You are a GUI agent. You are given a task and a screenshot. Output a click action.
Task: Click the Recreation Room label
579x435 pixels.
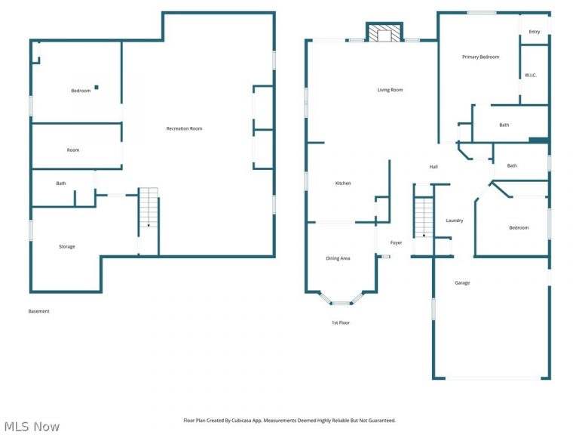pyautogui.click(x=184, y=128)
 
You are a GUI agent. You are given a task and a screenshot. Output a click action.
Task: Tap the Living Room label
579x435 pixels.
pyautogui.click(x=390, y=90)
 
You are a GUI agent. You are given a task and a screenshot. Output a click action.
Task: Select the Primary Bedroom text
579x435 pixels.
pyautogui.click(x=480, y=57)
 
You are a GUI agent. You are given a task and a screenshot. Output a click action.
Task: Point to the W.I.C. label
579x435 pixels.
pyautogui.click(x=530, y=75)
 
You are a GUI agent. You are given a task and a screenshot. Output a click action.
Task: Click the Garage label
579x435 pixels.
pyautogui.click(x=462, y=282)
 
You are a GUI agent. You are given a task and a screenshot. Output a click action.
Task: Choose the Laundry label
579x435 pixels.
pyautogui.click(x=454, y=220)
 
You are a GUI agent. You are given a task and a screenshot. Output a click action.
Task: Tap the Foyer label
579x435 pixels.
pyautogui.click(x=396, y=242)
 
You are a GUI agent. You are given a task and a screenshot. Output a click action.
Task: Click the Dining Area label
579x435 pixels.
pyautogui.click(x=338, y=258)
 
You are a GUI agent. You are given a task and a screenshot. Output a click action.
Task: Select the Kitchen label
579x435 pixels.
pyautogui.click(x=343, y=183)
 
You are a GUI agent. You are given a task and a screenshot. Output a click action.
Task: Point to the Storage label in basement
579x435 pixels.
pyautogui.click(x=67, y=246)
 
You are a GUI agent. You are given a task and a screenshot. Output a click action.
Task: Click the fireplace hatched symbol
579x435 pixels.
pyautogui.click(x=384, y=33)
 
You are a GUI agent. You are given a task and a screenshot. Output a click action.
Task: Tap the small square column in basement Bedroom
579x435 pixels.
pyautogui.click(x=96, y=88)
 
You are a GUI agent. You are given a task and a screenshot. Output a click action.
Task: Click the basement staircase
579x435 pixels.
pyautogui.click(x=149, y=207)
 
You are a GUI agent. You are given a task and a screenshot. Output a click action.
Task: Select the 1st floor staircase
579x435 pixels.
pyautogui.click(x=424, y=217)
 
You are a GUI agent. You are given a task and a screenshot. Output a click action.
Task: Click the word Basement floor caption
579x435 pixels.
pyautogui.click(x=38, y=311)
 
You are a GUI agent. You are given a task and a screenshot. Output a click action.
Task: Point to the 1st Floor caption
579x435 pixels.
pyautogui.click(x=341, y=322)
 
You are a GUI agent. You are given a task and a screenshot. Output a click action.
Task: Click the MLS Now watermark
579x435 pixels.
pyautogui.click(x=31, y=427)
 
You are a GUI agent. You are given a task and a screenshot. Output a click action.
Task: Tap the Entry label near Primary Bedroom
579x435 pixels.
pyautogui.click(x=534, y=32)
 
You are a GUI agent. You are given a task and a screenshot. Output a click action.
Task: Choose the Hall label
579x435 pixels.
pyautogui.click(x=433, y=167)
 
